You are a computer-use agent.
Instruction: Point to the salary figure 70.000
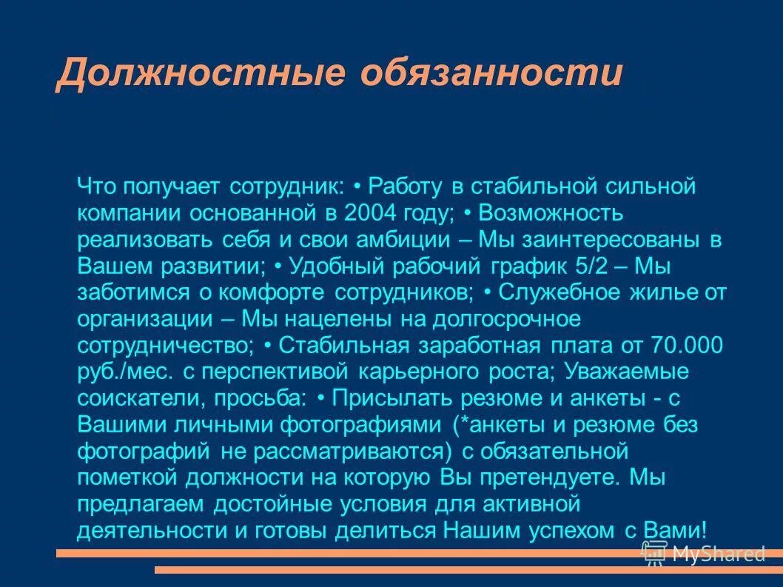coord(686,346)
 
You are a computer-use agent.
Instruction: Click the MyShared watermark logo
coord(703,551)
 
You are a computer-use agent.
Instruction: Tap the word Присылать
coord(393,398)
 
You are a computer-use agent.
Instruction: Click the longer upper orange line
coord(348,553)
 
